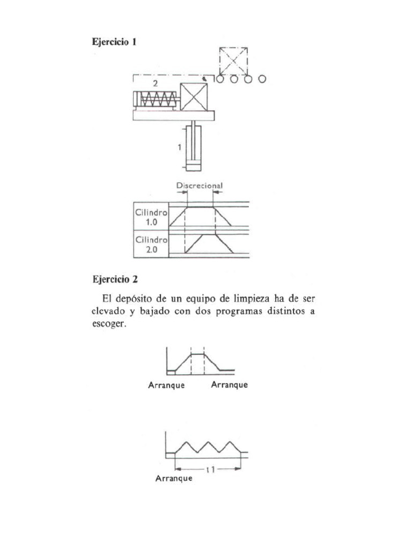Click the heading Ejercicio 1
point(115,42)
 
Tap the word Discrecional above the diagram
point(199,186)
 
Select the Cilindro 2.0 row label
point(151,244)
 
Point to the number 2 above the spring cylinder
point(155,84)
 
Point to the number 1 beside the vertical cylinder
point(181,146)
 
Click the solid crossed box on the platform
point(194,97)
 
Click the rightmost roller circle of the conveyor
point(262,79)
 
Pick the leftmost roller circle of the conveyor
point(220,79)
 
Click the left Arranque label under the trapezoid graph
point(166,385)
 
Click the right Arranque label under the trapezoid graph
point(229,385)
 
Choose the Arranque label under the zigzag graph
point(174,479)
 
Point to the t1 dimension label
point(211,470)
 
